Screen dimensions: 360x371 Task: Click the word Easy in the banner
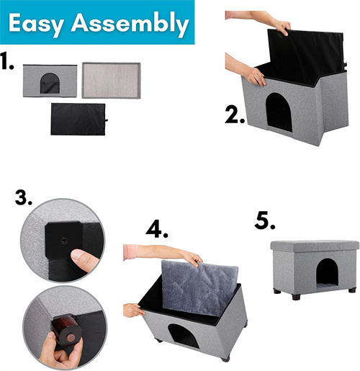[36, 24]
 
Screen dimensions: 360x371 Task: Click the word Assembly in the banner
[130, 24]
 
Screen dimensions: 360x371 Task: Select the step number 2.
[235, 115]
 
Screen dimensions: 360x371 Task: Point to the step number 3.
[24, 197]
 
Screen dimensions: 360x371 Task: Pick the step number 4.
[157, 230]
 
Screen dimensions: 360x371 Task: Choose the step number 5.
[265, 220]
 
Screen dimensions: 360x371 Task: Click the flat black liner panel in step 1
[78, 119]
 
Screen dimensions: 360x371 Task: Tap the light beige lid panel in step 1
[111, 80]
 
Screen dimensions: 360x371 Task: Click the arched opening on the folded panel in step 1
[50, 83]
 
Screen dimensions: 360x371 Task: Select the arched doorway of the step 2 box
[279, 112]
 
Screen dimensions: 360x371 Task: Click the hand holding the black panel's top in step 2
[282, 27]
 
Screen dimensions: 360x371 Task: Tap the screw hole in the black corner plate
[64, 241]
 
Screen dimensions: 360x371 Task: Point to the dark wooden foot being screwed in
[66, 330]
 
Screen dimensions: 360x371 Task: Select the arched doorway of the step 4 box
[184, 336]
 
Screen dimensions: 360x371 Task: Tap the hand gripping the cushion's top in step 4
[192, 259]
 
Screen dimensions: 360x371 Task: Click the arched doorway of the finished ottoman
[328, 273]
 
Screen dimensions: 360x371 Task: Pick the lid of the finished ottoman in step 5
[315, 246]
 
